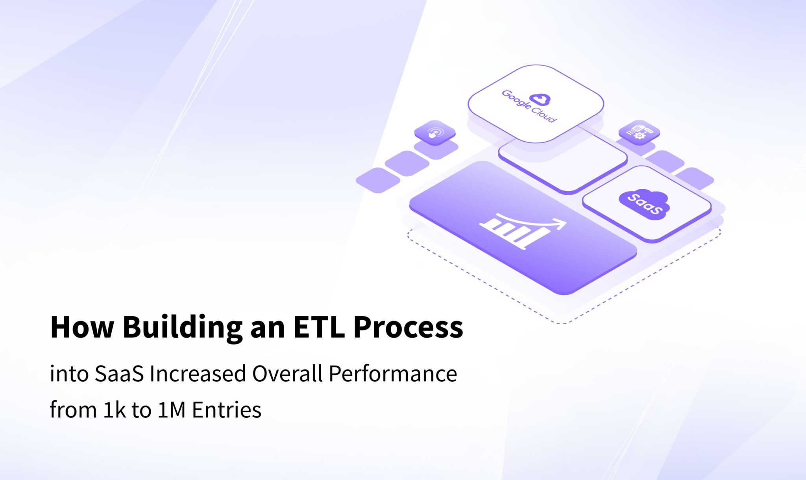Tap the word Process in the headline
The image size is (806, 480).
tap(408, 327)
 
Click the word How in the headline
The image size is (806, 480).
tap(82, 327)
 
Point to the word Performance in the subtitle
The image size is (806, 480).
tap(393, 373)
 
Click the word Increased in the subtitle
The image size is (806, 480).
tap(198, 373)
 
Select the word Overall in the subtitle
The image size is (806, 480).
tap(287, 373)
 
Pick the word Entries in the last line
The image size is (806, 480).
tap(227, 410)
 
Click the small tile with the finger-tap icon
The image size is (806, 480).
tap(435, 133)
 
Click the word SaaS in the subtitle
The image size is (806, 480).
tap(119, 373)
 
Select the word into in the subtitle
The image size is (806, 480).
tap(69, 373)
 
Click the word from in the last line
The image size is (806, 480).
tap(73, 410)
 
